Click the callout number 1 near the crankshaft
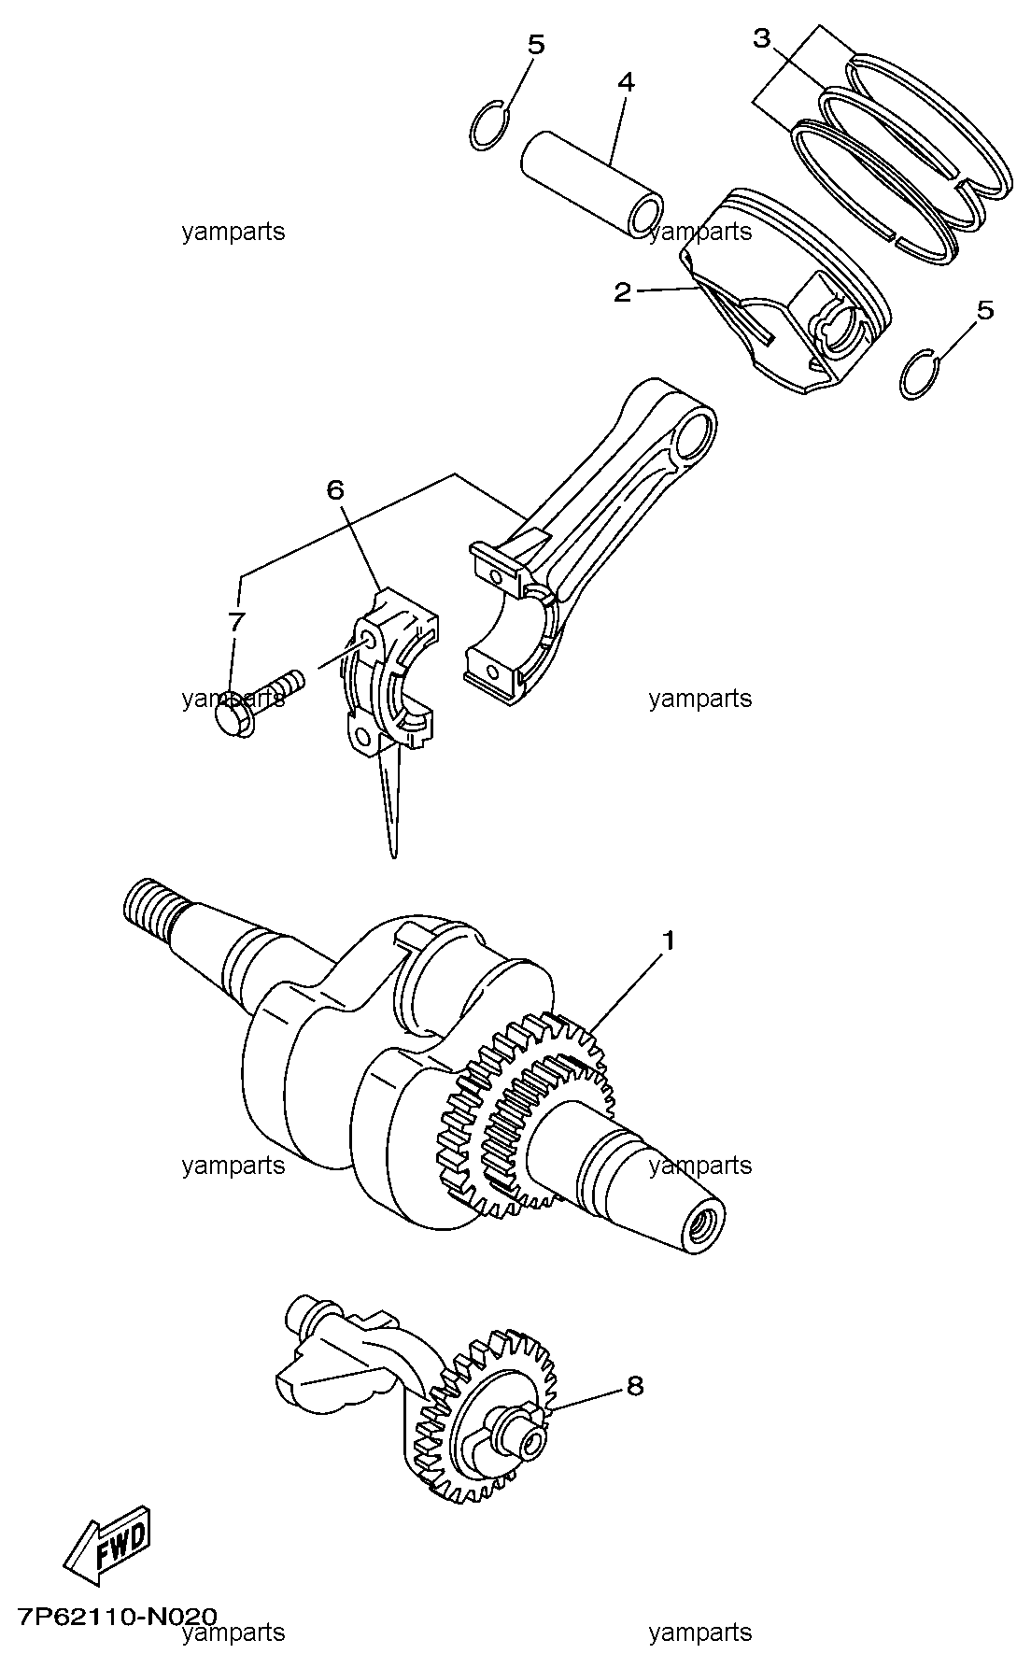[669, 940]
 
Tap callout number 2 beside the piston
[623, 292]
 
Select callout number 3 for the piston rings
[762, 39]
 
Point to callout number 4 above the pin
[626, 82]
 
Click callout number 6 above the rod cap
[335, 488]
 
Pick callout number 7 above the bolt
[235, 621]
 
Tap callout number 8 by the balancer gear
[635, 1386]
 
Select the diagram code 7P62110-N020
[116, 1617]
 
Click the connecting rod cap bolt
[258, 700]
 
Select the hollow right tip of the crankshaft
[700, 1225]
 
